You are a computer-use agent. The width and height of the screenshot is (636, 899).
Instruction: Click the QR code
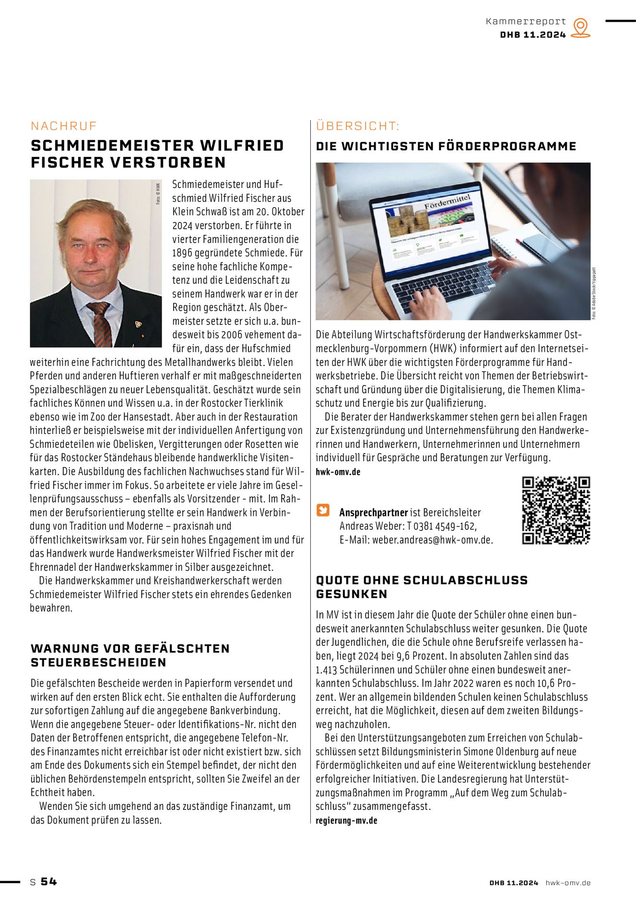(x=556, y=511)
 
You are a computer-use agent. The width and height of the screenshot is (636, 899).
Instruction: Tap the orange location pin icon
(x=580, y=28)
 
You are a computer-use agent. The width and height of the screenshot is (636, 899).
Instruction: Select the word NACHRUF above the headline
(x=64, y=126)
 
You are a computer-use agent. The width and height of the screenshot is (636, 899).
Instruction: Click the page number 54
(x=49, y=881)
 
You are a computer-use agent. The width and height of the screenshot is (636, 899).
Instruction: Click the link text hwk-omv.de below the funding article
(x=338, y=472)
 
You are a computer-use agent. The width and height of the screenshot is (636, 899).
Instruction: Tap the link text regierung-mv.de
(x=346, y=820)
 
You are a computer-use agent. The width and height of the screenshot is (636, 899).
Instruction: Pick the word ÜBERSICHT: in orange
(x=357, y=126)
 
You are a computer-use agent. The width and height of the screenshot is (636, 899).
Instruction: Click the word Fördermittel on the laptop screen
(x=447, y=201)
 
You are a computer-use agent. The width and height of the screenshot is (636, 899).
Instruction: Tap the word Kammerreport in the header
(x=526, y=22)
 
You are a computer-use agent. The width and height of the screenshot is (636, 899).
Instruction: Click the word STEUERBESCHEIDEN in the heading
(x=98, y=663)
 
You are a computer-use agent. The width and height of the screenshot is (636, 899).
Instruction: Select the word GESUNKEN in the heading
(x=351, y=594)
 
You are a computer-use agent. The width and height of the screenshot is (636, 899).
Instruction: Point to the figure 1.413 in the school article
(x=328, y=670)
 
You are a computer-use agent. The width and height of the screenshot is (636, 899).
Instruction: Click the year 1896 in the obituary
(x=183, y=253)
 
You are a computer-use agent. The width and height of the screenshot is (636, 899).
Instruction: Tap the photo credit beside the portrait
(x=158, y=194)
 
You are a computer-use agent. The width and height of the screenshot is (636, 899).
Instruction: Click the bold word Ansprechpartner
(x=373, y=512)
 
